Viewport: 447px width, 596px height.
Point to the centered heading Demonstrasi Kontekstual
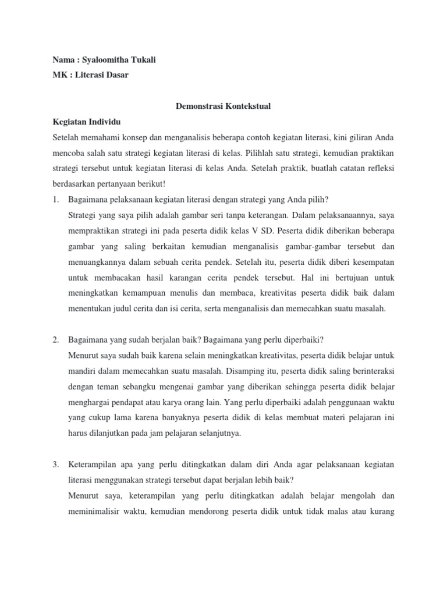point(223,107)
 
